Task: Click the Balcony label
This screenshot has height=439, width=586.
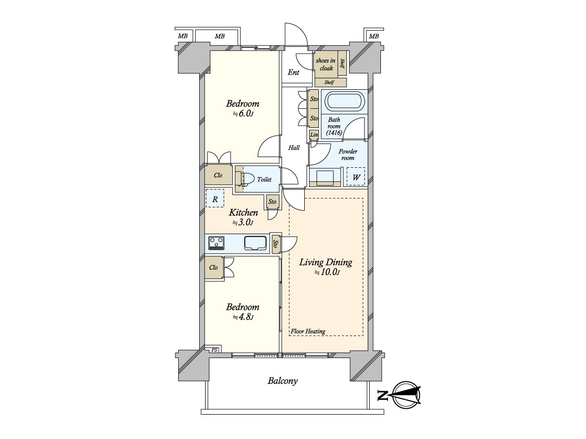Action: (282, 381)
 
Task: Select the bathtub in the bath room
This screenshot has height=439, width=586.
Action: (345, 102)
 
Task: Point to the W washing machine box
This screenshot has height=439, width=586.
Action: (356, 178)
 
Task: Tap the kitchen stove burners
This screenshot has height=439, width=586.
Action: (216, 242)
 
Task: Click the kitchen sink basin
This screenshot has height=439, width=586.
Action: (255, 242)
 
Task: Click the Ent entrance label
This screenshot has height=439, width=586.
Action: (293, 73)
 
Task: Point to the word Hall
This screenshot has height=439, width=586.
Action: (294, 148)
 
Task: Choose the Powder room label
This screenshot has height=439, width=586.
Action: (348, 155)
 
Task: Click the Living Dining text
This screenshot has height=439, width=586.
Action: (326, 262)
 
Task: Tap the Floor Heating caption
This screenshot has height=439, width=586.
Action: (308, 332)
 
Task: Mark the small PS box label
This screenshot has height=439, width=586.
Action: (214, 349)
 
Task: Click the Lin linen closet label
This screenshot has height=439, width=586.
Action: (314, 135)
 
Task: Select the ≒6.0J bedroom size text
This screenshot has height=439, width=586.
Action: (242, 114)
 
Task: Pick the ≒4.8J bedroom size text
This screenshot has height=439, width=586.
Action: (242, 317)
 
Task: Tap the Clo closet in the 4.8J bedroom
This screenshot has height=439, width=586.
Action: (213, 268)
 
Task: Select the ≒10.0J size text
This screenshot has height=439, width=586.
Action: (326, 273)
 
